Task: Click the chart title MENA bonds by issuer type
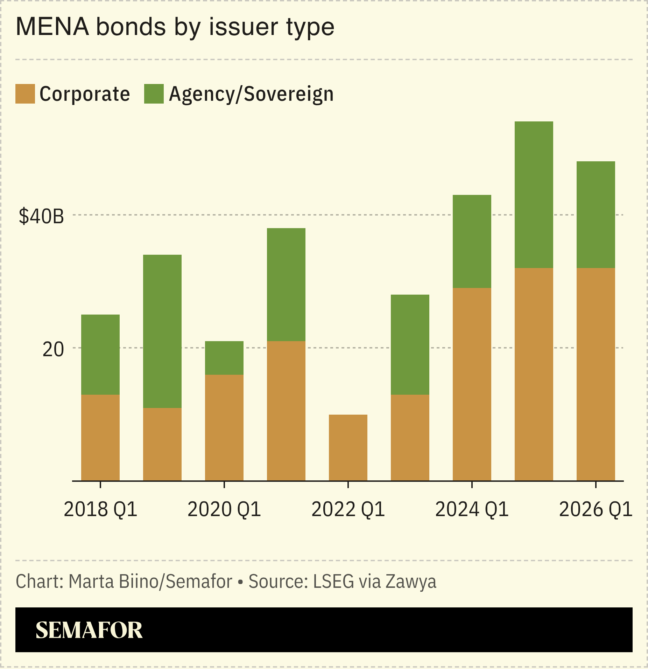point(175,27)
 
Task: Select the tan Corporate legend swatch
point(25,94)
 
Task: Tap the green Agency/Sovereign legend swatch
point(154,94)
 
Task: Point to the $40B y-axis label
point(41,216)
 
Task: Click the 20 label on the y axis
point(53,349)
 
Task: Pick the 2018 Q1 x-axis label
point(100,509)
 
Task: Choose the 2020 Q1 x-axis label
point(224,509)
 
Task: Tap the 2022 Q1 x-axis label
point(348,509)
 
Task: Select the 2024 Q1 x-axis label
point(472,509)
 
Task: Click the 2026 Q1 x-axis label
point(596,509)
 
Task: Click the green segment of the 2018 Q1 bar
point(100,354)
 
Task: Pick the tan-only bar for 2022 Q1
point(348,448)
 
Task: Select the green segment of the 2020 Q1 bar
point(224,358)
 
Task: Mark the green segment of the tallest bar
point(534,195)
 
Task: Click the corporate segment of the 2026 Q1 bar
point(596,374)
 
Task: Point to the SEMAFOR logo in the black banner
point(89,630)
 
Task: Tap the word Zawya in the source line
point(411,582)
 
